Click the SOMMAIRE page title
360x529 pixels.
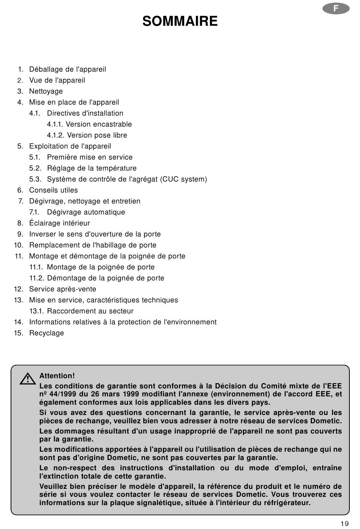pyautogui.click(x=180, y=21)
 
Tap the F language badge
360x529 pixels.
pyautogui.click(x=336, y=9)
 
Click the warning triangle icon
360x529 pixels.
pyautogui.click(x=28, y=379)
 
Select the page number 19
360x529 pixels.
pyautogui.click(x=344, y=524)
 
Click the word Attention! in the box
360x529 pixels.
pyautogui.click(x=57, y=376)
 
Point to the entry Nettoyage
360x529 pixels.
pyautogui.click(x=46, y=91)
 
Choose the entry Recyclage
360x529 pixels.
pyautogui.click(x=47, y=333)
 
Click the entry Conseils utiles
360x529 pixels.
pyautogui.click(x=53, y=190)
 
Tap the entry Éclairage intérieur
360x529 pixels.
pyautogui.click(x=59, y=223)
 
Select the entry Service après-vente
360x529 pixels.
pyautogui.click(x=63, y=289)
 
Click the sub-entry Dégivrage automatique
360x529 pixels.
pyautogui.click(x=86, y=212)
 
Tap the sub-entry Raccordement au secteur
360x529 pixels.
pyautogui.click(x=90, y=311)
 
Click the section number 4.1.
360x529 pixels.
pyautogui.click(x=35, y=113)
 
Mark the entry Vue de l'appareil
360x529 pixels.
pyautogui.click(x=57, y=80)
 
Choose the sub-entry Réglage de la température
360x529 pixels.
pyautogui.click(x=92, y=168)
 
